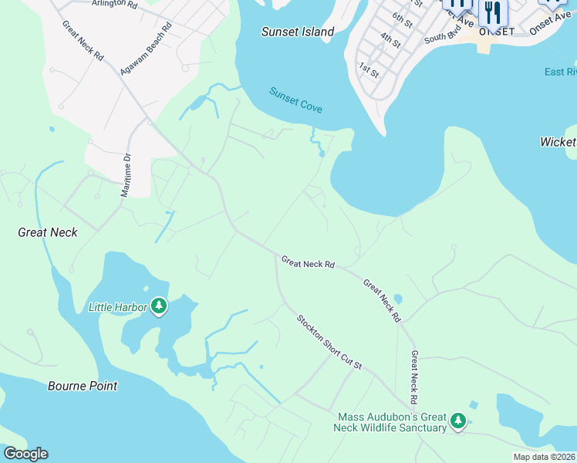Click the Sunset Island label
click(x=298, y=32)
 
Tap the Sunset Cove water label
click(x=295, y=100)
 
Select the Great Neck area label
click(x=48, y=231)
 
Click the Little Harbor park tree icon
click(x=159, y=306)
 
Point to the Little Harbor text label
click(x=117, y=307)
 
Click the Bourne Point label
click(x=83, y=386)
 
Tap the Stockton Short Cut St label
click(x=329, y=341)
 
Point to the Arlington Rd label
click(x=113, y=4)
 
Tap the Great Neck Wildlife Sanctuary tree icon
click(x=458, y=421)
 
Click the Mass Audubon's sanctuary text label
click(x=392, y=422)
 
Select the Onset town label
click(x=496, y=32)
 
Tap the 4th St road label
click(x=390, y=40)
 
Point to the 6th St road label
click(x=402, y=17)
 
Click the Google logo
click(x=25, y=454)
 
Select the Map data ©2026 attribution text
click(x=544, y=457)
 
